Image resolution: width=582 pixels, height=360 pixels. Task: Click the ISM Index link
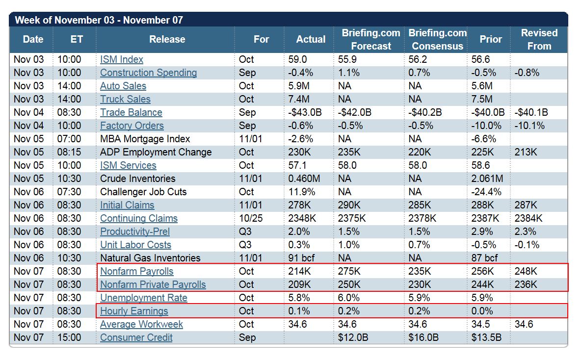[x=121, y=59]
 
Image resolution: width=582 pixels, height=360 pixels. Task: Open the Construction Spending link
[x=149, y=73]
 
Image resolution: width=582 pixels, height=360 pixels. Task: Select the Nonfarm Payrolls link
[x=136, y=271]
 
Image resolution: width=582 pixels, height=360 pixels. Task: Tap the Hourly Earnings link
[x=134, y=311]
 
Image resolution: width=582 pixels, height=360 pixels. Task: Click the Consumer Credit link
[x=136, y=337]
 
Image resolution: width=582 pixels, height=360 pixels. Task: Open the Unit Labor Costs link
[x=135, y=245]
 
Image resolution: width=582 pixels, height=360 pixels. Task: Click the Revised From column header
[x=539, y=39]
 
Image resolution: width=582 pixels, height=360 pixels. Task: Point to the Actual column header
[x=311, y=39]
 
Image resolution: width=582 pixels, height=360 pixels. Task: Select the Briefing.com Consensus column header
[x=438, y=39]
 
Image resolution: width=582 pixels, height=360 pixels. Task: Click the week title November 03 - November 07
[x=99, y=20]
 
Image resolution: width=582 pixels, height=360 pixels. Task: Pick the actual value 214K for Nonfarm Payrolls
[x=299, y=271]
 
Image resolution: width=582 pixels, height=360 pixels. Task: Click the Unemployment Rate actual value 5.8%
[x=299, y=298]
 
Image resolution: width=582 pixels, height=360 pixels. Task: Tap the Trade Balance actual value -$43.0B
[x=305, y=112]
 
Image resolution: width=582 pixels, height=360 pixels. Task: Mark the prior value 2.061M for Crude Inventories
[x=487, y=179]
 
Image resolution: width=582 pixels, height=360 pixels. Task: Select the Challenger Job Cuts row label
[x=143, y=192]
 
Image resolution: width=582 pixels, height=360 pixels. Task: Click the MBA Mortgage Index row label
[x=145, y=139]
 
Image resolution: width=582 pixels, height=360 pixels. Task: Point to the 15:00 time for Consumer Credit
[x=69, y=337]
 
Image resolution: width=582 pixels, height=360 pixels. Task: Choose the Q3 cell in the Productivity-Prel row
[x=245, y=231]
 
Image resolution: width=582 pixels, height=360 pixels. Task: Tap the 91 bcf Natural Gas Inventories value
[x=301, y=258]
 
